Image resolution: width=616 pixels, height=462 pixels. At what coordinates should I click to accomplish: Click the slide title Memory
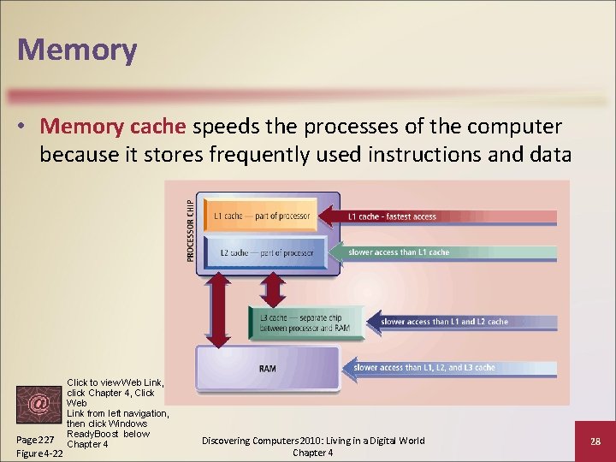(77, 49)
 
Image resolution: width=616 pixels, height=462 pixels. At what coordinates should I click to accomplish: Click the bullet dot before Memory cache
(26, 127)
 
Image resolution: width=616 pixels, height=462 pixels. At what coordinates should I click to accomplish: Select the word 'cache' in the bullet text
(157, 127)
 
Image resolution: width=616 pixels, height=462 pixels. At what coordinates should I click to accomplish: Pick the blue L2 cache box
(266, 253)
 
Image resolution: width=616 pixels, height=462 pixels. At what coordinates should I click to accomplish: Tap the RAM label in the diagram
(268, 369)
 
